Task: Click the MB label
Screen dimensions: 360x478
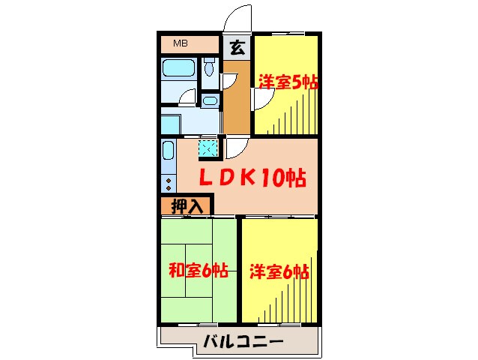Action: point(181,43)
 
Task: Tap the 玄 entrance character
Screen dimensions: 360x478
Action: point(236,48)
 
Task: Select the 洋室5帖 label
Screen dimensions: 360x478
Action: point(288,81)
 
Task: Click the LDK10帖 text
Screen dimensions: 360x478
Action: point(251,178)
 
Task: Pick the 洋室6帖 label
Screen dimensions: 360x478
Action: point(279,271)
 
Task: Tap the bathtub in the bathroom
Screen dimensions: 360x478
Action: point(179,70)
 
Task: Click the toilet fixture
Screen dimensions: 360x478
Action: point(208,69)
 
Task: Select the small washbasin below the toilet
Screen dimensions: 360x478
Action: point(210,100)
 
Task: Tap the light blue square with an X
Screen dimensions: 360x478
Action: point(209,148)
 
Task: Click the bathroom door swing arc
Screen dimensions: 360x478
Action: point(187,97)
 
